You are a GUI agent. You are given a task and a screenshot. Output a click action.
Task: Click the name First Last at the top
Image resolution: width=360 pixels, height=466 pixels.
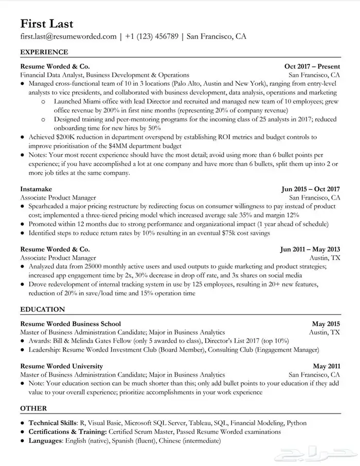tap(47, 24)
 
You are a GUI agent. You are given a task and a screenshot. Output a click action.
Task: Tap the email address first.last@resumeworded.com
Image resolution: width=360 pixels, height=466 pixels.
tap(68, 37)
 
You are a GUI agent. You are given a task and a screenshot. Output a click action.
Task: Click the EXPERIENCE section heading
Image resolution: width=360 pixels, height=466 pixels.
tap(44, 52)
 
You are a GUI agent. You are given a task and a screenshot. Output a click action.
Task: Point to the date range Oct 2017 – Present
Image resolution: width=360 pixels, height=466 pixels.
tap(312, 66)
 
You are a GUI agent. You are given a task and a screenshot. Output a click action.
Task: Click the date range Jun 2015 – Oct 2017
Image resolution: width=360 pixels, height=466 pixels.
tap(311, 189)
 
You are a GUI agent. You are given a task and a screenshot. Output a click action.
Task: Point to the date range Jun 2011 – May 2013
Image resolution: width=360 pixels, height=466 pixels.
tap(310, 249)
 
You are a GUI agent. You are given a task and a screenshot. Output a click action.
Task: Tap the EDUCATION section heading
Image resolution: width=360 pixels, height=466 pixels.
tap(42, 310)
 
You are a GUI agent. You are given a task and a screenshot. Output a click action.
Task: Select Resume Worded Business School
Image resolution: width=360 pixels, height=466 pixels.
tap(70, 324)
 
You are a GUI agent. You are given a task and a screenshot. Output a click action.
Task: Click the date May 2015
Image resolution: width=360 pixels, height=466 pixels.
tap(326, 324)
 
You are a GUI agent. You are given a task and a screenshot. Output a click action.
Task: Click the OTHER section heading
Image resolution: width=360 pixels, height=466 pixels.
tap(33, 409)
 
